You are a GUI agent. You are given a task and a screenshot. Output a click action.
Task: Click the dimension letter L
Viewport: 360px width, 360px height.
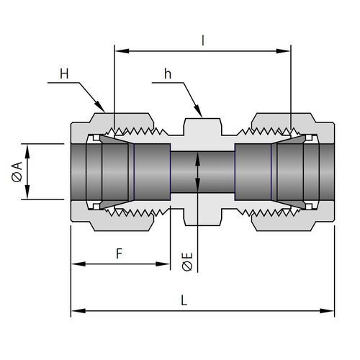pyautogui.click(x=184, y=300)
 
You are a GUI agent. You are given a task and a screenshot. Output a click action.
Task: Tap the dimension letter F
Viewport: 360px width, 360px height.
pyautogui.click(x=120, y=253)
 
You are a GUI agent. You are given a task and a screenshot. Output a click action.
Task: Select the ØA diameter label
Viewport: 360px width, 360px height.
pyautogui.click(x=17, y=172)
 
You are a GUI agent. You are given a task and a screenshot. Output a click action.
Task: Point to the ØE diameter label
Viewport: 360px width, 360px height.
pyautogui.click(x=187, y=261)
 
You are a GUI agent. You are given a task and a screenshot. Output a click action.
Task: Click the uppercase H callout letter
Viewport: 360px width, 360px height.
pyautogui.click(x=64, y=73)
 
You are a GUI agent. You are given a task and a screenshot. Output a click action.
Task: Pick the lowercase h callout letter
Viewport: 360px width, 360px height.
pyautogui.click(x=168, y=73)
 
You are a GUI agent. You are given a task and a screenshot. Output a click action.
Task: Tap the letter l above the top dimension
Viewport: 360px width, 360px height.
pyautogui.click(x=203, y=41)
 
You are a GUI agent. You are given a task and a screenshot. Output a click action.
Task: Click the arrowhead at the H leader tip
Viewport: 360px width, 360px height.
pyautogui.click(x=100, y=107)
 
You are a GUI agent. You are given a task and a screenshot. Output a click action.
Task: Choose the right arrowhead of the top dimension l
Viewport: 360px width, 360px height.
pyautogui.click(x=283, y=51)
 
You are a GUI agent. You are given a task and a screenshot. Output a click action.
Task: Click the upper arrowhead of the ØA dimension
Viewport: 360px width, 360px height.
pyautogui.click(x=27, y=151)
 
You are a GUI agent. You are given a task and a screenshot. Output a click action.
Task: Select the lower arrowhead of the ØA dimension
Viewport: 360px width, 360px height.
pyautogui.click(x=27, y=192)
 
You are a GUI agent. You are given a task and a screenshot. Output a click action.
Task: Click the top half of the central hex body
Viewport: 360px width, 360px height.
pyautogui.click(x=202, y=131)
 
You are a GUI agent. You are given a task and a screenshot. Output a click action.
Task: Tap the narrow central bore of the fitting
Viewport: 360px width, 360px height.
pyautogui.click(x=202, y=172)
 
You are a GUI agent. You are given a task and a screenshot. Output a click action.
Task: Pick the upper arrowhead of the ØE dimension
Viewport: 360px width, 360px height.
pyautogui.click(x=197, y=158)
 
